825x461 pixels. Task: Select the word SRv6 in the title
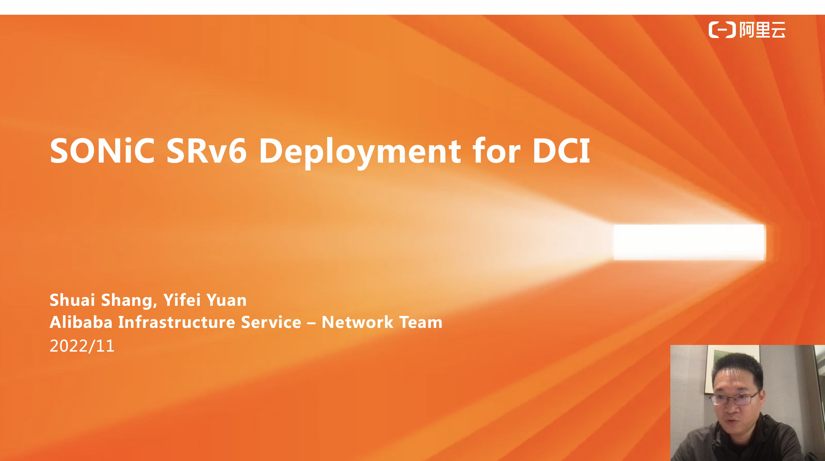(206, 151)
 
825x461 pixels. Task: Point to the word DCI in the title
(561, 151)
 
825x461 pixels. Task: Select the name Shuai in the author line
(72, 300)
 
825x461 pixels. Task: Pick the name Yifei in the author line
(182, 300)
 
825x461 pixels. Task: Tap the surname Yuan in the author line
(227, 300)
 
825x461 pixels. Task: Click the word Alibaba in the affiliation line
(81, 322)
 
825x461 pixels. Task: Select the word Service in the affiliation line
(271, 322)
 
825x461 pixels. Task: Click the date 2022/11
(82, 346)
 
